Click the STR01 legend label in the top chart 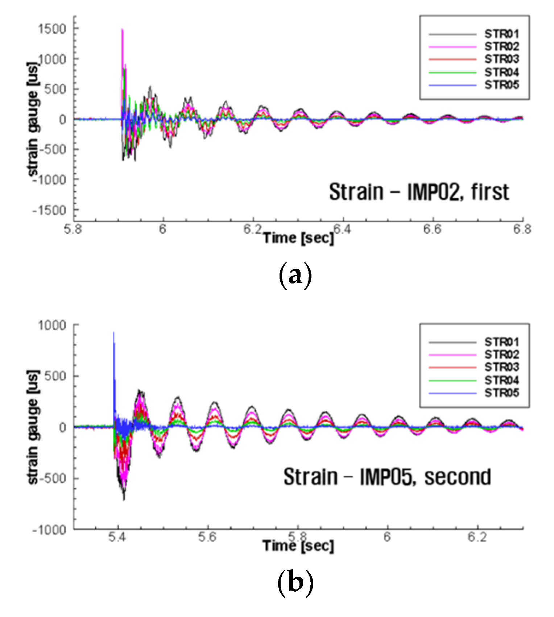click(501, 34)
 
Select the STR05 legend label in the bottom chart click(501, 393)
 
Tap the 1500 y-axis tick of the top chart click(52, 29)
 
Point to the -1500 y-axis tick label click(49, 210)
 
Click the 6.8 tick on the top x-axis click(522, 229)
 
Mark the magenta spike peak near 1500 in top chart click(123, 30)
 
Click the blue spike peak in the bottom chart click(113, 332)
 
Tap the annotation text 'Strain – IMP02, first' click(419, 192)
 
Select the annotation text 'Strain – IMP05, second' click(387, 477)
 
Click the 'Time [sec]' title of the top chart click(298, 238)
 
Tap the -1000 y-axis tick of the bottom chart click(49, 530)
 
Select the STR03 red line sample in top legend click(452, 59)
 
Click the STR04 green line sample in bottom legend click(452, 380)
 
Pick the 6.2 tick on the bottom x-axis click(477, 537)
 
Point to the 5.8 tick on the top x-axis click(74, 229)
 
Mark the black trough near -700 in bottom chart click(124, 500)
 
